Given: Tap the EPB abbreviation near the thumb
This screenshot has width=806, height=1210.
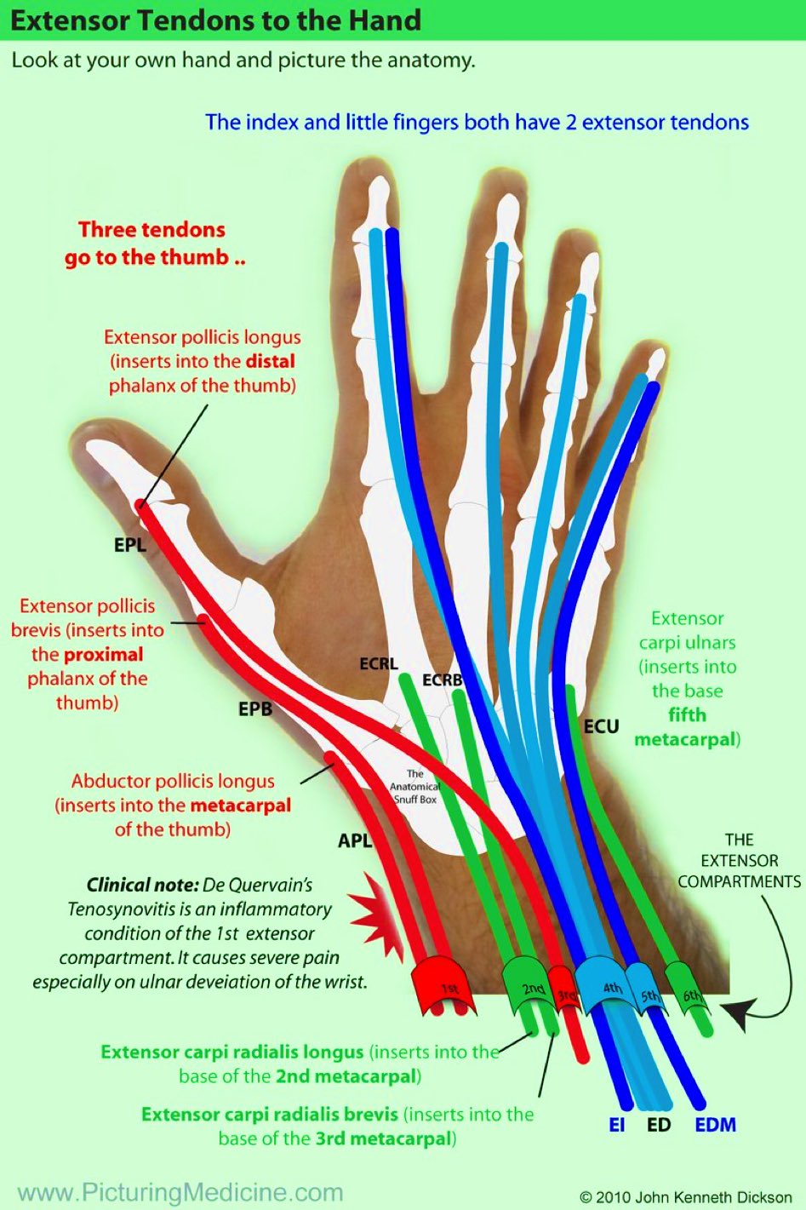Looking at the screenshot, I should tap(254, 708).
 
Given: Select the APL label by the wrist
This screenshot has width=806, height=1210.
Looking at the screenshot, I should tap(355, 840).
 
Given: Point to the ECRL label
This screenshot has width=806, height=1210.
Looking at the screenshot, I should tap(378, 663).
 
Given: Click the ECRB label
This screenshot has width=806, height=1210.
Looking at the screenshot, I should tap(442, 680).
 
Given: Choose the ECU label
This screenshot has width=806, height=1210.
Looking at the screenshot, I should tap(601, 726).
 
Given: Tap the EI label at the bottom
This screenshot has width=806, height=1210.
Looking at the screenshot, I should tap(616, 1125).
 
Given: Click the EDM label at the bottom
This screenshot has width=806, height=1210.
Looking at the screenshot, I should tap(715, 1125).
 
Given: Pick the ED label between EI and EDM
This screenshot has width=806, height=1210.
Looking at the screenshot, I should tap(659, 1125).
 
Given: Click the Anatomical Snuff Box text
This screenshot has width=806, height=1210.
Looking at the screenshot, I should tap(414, 787).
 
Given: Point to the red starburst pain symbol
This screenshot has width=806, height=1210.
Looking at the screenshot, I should tap(371, 918).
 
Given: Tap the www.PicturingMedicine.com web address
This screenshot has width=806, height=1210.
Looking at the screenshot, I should tap(180, 1192).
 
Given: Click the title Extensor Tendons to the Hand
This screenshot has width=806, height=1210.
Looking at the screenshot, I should tap(215, 20).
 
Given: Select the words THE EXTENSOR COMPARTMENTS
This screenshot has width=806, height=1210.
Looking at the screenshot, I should tap(739, 860).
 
